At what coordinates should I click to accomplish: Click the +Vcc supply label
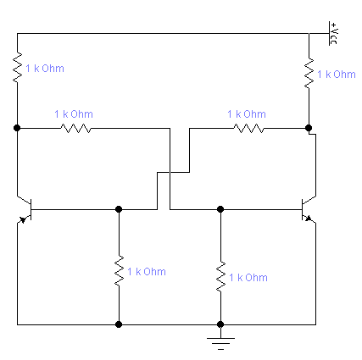click(334, 33)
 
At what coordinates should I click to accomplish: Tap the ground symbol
click(220, 343)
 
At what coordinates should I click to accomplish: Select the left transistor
click(25, 209)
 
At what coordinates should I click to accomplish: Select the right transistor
click(309, 209)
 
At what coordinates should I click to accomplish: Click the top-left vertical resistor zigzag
click(17, 67)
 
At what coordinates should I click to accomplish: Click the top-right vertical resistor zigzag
click(309, 74)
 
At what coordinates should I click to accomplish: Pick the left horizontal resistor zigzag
click(75, 129)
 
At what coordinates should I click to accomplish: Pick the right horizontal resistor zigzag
click(249, 129)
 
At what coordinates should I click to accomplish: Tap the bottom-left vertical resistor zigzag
click(119, 271)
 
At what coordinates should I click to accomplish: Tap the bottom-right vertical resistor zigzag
click(220, 277)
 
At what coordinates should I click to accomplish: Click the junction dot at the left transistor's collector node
click(17, 128)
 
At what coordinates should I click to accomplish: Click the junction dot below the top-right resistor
click(309, 128)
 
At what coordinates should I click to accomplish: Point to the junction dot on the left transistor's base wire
click(119, 209)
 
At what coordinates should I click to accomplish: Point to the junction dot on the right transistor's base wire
click(220, 209)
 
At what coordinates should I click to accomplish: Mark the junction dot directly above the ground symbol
click(220, 324)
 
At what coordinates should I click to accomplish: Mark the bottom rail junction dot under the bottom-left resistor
click(119, 324)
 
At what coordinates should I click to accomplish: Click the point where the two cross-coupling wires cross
click(170, 172)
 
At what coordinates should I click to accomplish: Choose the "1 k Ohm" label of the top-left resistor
click(45, 69)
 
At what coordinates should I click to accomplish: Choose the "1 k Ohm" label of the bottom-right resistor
click(248, 278)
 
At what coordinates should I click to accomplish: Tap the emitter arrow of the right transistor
click(309, 219)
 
